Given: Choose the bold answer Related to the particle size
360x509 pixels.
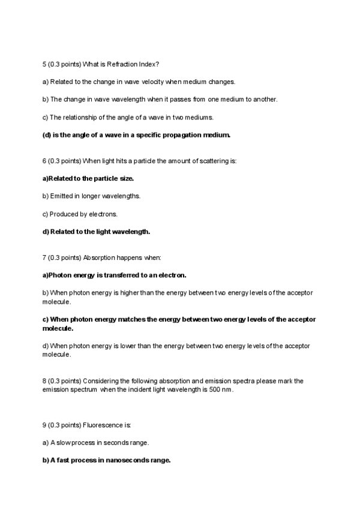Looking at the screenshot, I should coord(88,178).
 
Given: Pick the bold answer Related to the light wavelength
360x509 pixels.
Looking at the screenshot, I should coord(96,231).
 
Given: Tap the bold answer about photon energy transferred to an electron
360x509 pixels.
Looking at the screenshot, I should coord(115,275).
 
